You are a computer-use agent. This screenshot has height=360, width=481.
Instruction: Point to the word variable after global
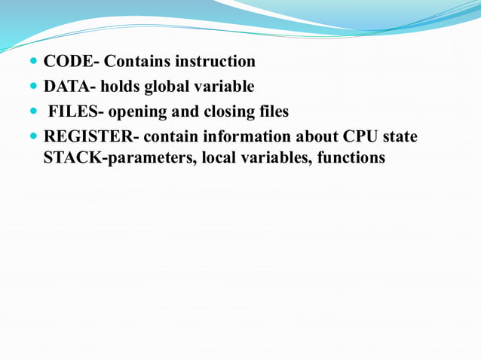(225, 87)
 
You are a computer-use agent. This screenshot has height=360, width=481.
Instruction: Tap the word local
(220, 158)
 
